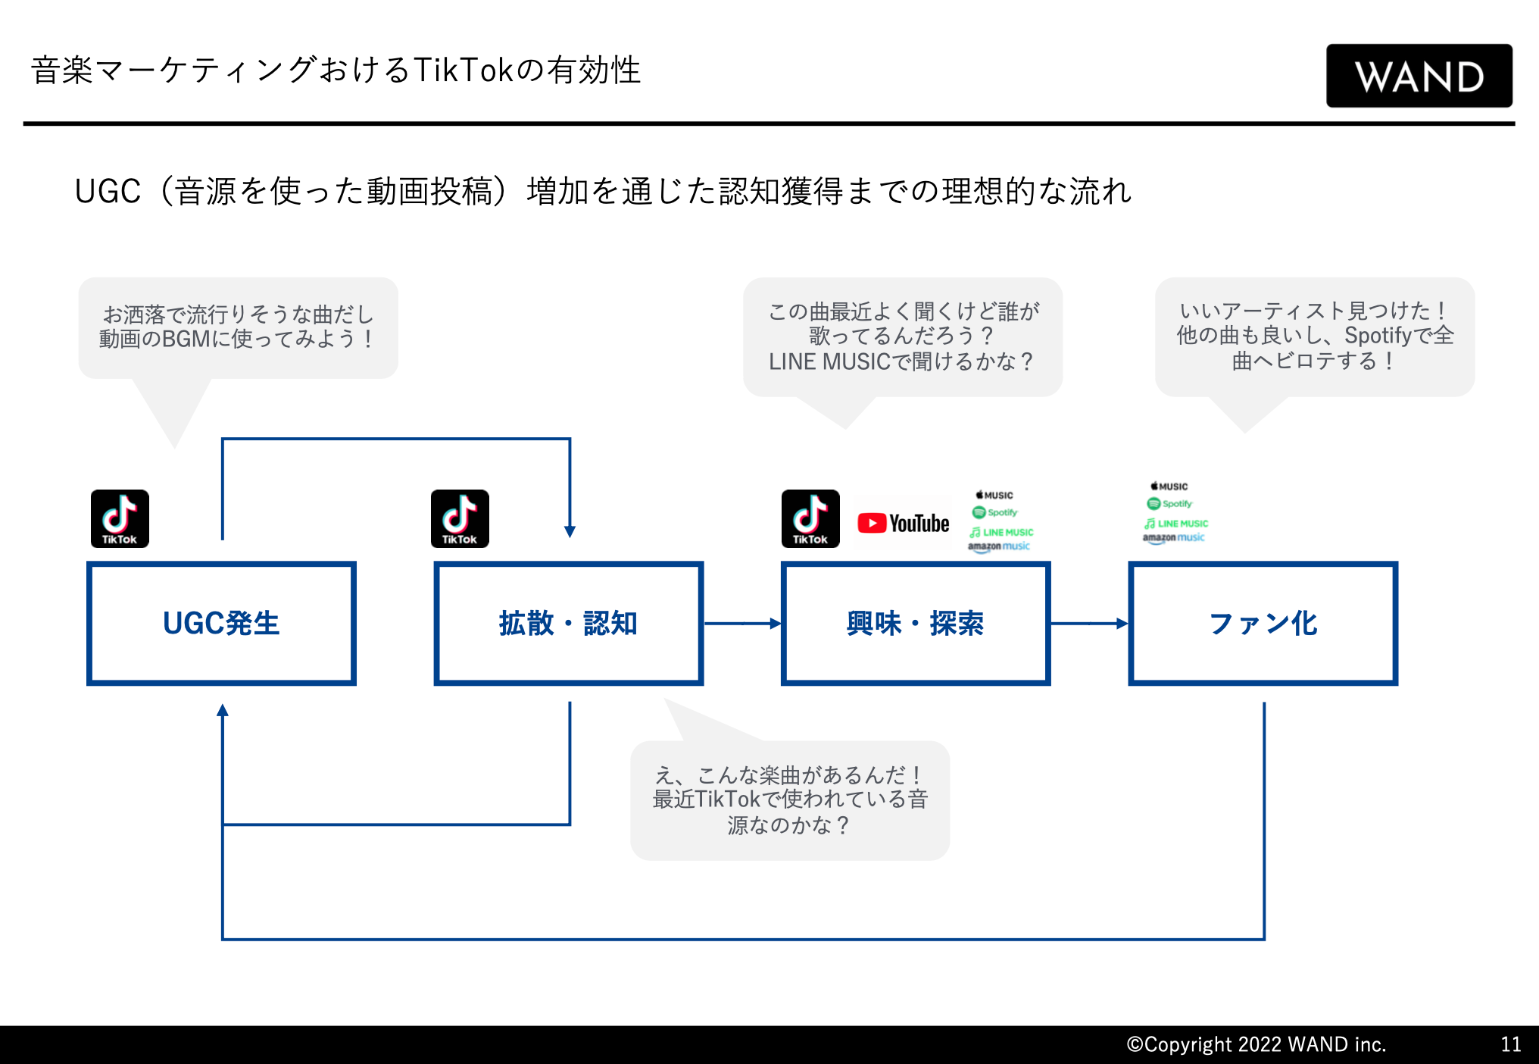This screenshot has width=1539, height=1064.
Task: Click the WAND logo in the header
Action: pos(1419,76)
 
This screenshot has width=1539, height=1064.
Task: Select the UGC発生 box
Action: pos(221,623)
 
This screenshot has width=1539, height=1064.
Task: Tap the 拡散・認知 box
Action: pos(568,623)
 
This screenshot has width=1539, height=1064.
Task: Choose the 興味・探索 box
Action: pos(915,623)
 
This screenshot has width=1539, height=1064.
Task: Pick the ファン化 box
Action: pos(1263,623)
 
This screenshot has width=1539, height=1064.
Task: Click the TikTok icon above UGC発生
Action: pos(120,518)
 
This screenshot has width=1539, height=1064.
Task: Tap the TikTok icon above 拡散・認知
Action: pos(460,518)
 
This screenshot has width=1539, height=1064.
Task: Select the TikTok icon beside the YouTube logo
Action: pos(810,518)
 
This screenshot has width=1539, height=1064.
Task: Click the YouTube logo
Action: pos(903,523)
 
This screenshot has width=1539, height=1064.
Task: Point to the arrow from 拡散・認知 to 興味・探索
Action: pos(742,624)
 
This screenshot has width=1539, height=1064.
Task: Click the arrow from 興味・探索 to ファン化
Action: pos(1089,624)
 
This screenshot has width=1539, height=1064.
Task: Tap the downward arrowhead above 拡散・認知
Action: pos(570,531)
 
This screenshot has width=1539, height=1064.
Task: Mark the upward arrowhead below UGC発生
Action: pos(223,711)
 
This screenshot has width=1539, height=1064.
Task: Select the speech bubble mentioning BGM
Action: pos(238,327)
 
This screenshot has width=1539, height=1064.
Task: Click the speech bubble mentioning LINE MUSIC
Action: pos(902,336)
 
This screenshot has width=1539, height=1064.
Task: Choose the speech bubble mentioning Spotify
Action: pos(1315,336)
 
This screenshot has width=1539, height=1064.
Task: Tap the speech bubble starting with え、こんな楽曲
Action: pos(790,800)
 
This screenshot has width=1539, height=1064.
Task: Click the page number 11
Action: pos(1510,1044)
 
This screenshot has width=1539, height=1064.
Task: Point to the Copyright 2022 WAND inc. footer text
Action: pos(1256,1044)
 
